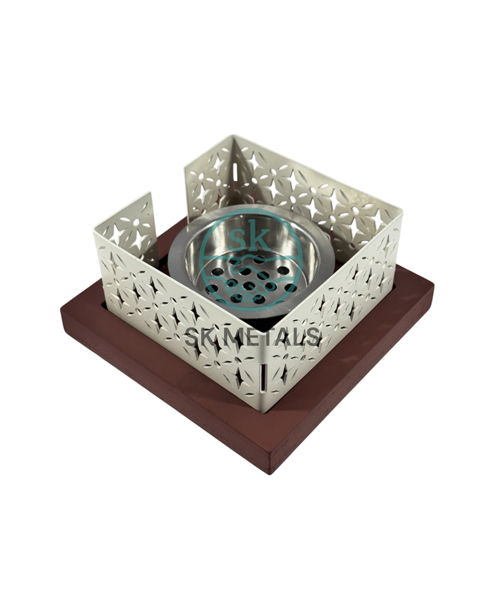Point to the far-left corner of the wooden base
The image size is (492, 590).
[x=62, y=311]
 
